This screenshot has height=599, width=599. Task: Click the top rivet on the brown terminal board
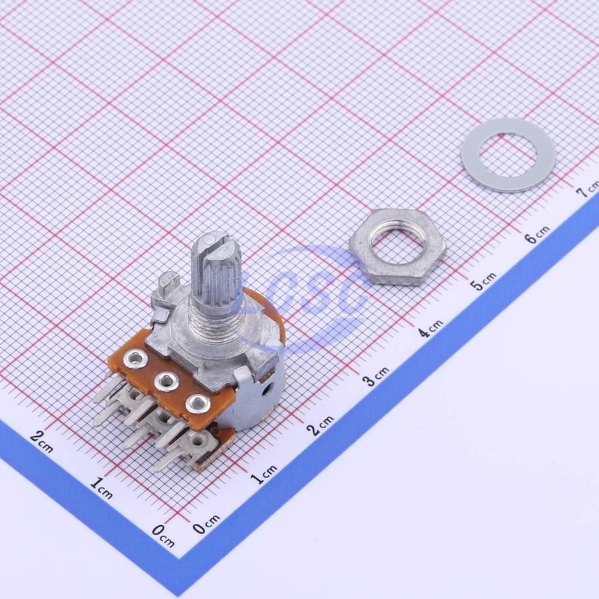click(135, 358)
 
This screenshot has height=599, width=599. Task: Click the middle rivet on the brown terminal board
click(166, 380)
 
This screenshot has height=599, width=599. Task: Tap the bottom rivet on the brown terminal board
click(197, 403)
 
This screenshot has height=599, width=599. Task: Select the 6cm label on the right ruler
click(538, 234)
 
